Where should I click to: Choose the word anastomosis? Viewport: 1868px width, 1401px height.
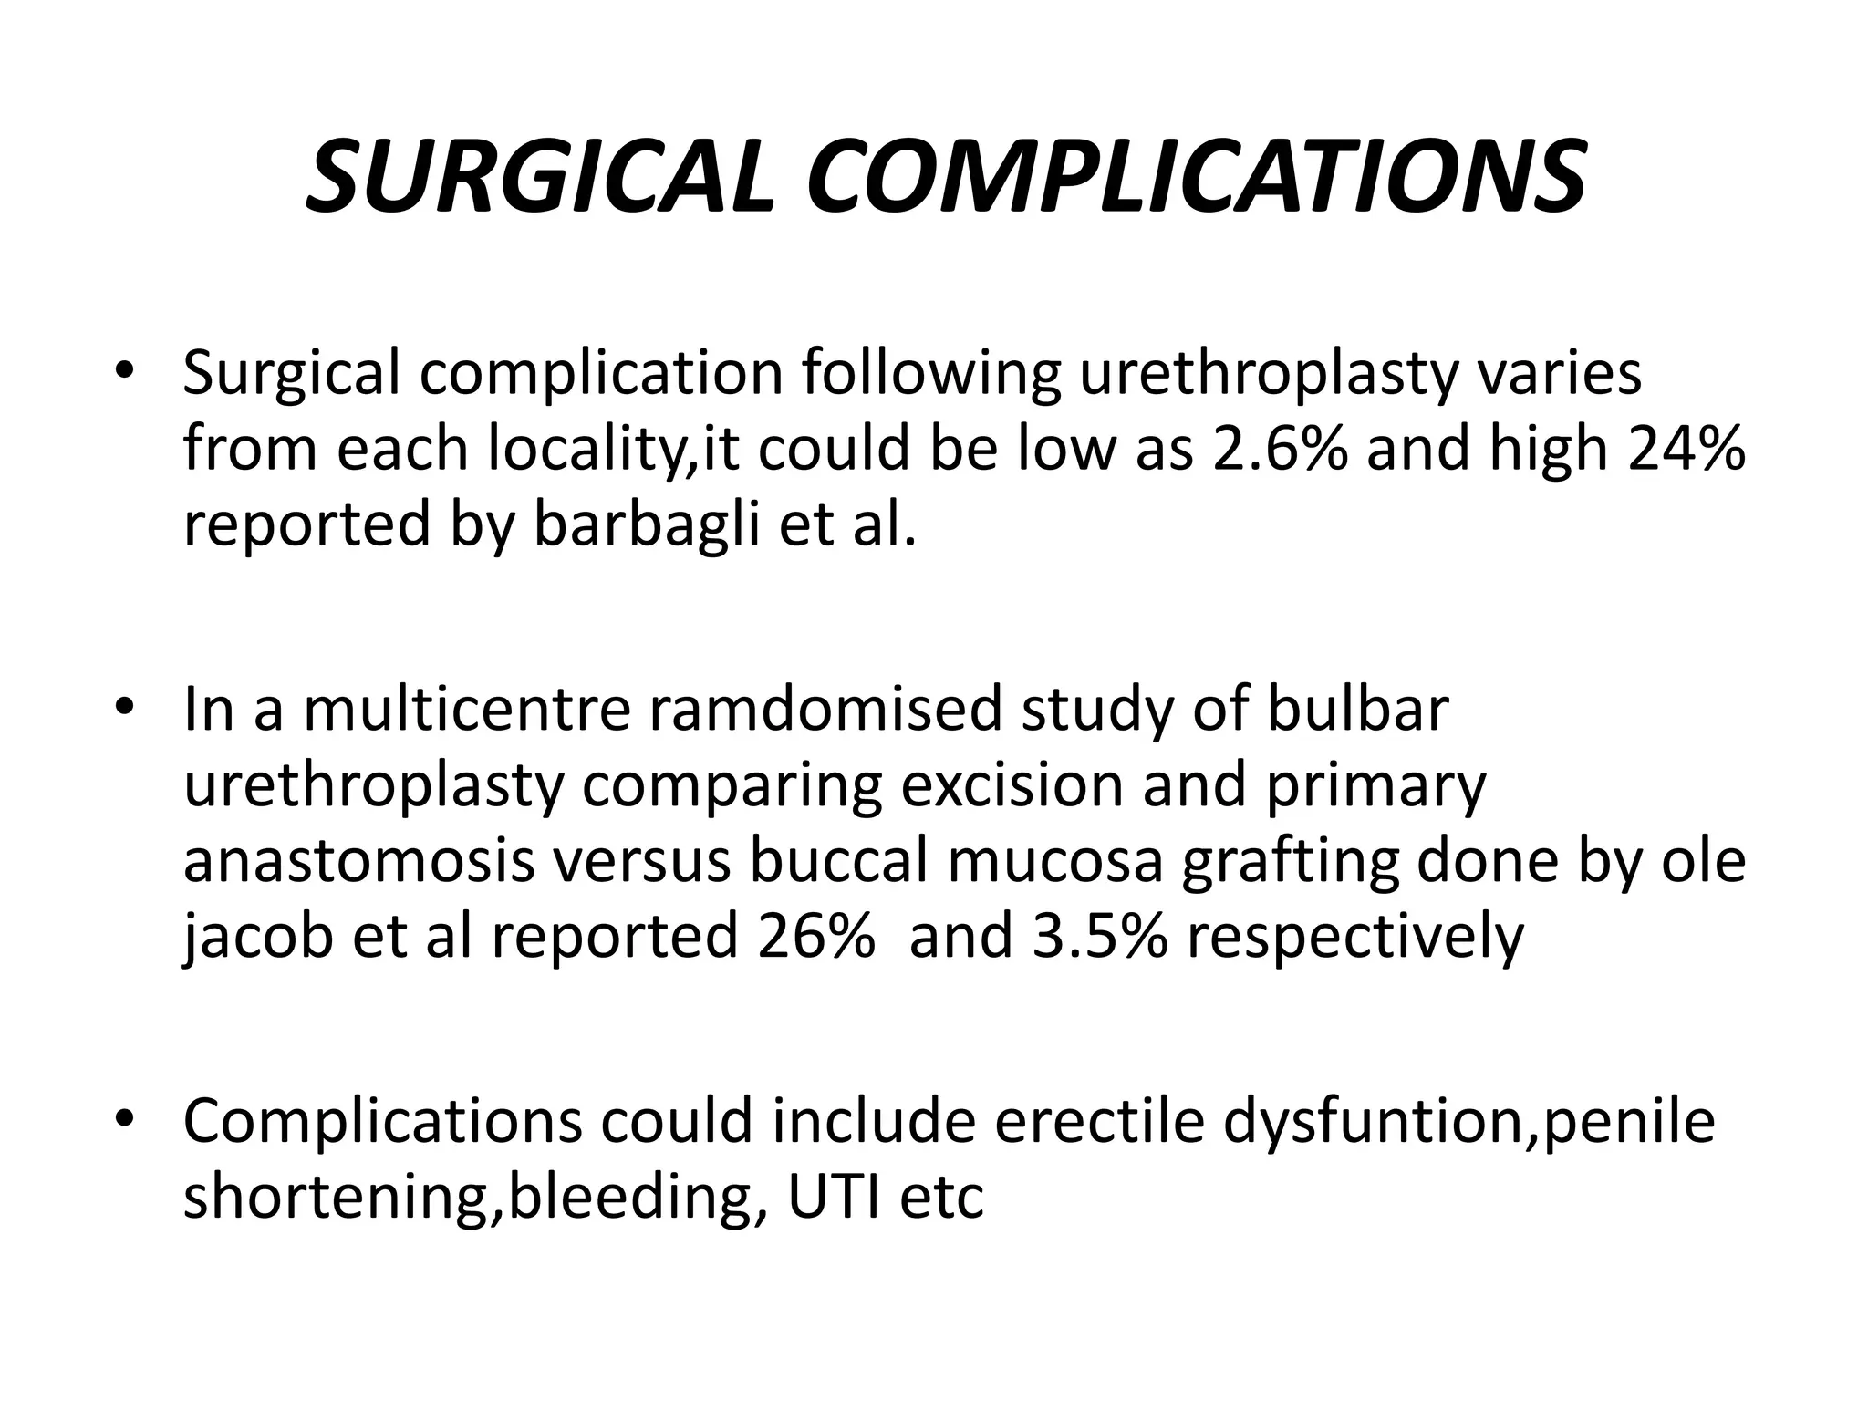click(359, 861)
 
